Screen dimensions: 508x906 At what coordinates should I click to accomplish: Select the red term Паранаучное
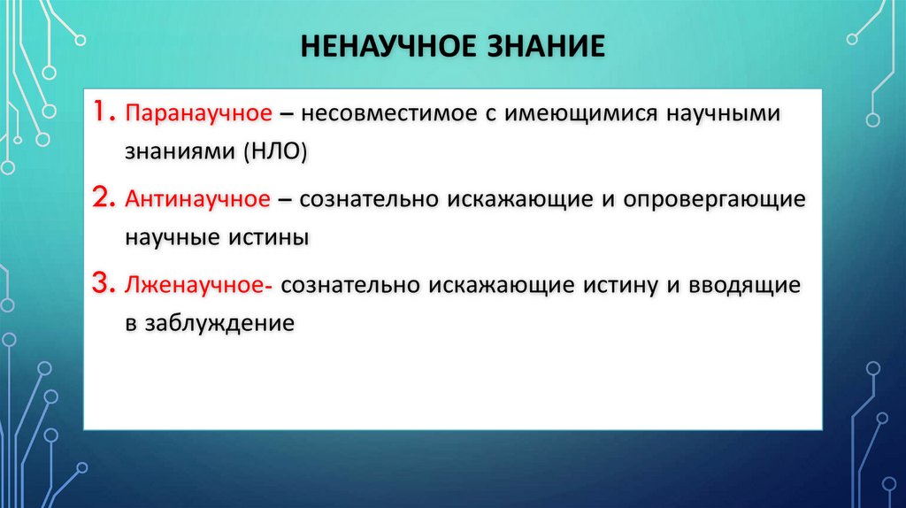tap(196, 115)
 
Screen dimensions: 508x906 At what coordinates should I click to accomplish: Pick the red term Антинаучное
tap(196, 200)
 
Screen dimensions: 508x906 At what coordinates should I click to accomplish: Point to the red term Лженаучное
tap(202, 285)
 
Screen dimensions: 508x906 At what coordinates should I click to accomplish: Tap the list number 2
tap(103, 198)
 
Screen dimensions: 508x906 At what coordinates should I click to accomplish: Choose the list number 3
tap(103, 283)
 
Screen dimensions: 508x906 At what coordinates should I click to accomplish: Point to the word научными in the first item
tap(708, 115)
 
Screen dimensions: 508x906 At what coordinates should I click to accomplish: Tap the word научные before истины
tap(173, 237)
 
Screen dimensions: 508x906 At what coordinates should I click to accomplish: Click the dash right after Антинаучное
tap(285, 200)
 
